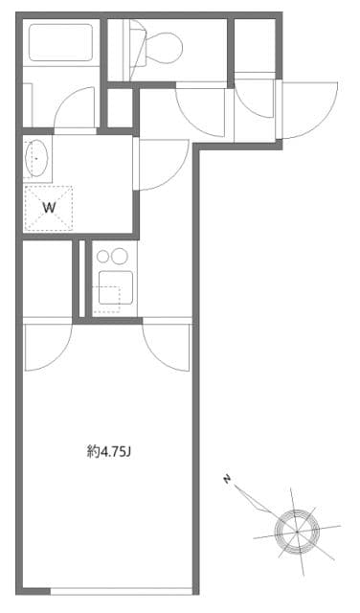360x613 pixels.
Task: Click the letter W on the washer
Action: (47, 205)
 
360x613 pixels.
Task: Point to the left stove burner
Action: (102, 257)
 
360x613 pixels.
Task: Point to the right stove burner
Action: (120, 257)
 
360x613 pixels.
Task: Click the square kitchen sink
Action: (111, 285)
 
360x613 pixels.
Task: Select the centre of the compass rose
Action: (296, 526)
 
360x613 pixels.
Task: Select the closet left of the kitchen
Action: (48, 278)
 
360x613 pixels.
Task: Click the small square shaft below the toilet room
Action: (120, 108)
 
